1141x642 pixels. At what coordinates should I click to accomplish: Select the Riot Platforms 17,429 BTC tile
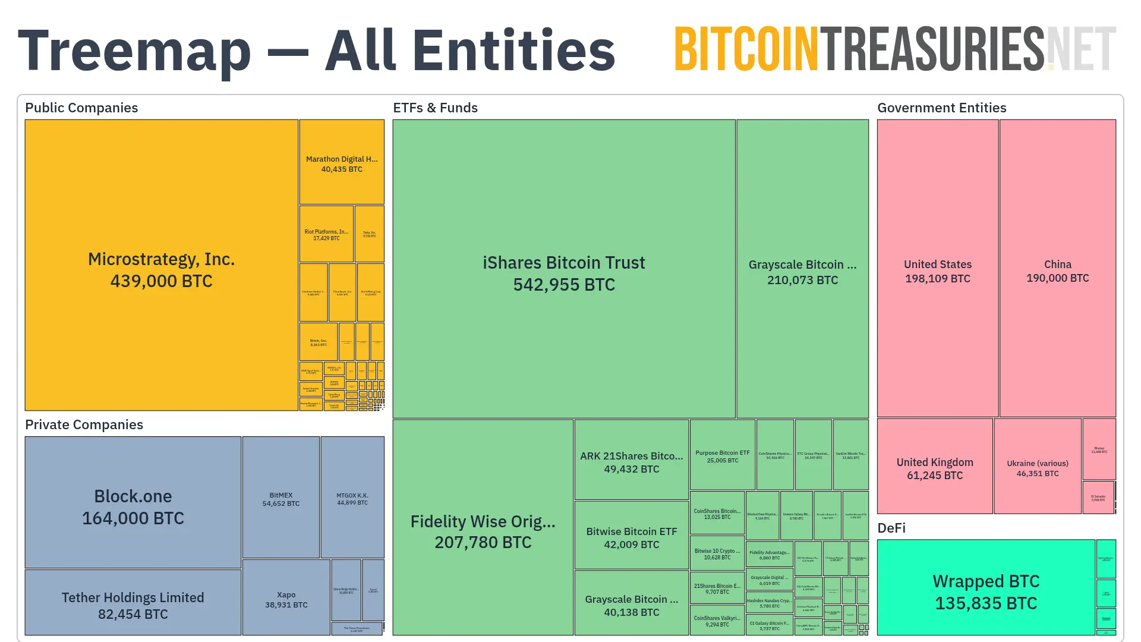pyautogui.click(x=326, y=234)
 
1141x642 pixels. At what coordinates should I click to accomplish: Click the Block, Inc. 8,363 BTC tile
pyautogui.click(x=319, y=342)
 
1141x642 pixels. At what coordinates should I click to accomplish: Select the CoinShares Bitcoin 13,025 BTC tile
pyautogui.click(x=717, y=513)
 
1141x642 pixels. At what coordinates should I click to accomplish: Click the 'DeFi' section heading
pyautogui.click(x=891, y=528)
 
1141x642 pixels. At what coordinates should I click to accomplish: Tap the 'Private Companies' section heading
pyautogui.click(x=84, y=424)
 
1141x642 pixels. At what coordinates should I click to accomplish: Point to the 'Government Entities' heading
pyautogui.click(x=941, y=108)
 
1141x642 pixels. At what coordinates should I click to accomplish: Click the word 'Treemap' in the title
pyautogui.click(x=134, y=51)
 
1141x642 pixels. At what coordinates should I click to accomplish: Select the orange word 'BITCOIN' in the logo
pyautogui.click(x=746, y=49)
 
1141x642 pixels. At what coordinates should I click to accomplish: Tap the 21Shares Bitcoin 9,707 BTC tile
pyautogui.click(x=717, y=588)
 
